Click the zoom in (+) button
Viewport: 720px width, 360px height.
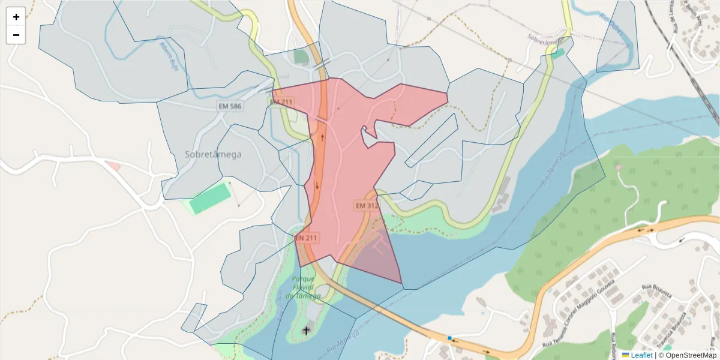(x=16, y=17)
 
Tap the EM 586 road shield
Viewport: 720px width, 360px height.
(x=230, y=106)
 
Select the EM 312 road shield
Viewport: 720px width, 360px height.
(x=367, y=205)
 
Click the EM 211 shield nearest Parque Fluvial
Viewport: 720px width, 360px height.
(x=306, y=238)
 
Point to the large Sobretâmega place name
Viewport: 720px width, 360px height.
(x=213, y=154)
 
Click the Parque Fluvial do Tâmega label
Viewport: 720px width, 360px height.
(x=303, y=287)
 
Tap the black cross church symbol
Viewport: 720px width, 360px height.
(x=306, y=329)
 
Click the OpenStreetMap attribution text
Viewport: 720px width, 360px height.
(x=687, y=355)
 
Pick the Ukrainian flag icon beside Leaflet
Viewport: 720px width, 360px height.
(x=625, y=355)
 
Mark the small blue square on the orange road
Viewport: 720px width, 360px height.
(x=449, y=338)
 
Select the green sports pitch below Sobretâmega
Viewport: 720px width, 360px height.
(x=211, y=198)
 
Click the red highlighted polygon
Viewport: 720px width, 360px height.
(x=345, y=174)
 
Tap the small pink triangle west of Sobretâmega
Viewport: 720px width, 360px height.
(x=113, y=166)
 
